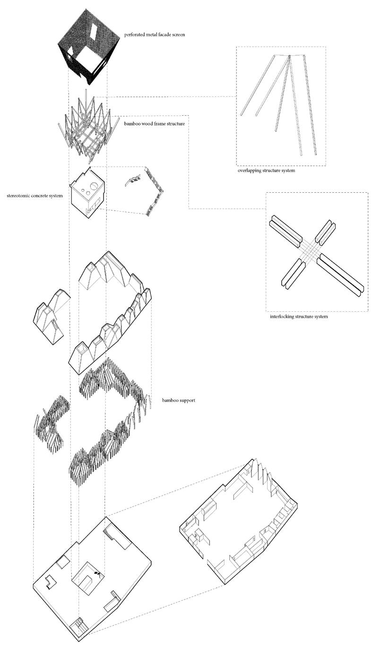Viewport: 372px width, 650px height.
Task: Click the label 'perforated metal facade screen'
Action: click(x=155, y=35)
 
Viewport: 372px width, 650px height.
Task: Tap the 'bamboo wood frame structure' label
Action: click(x=155, y=124)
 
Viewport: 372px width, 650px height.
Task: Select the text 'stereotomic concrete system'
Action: click(x=35, y=196)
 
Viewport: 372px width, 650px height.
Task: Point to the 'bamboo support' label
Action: click(x=179, y=401)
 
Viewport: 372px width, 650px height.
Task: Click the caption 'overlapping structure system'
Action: click(x=266, y=171)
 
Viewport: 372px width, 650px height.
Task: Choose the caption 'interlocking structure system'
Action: click(x=299, y=316)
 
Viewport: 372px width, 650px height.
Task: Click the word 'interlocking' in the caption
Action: click(x=281, y=316)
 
